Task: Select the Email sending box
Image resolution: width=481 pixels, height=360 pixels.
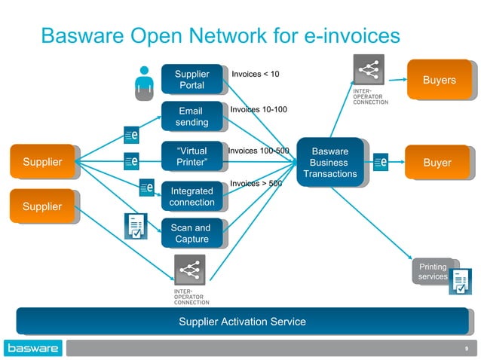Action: (191, 117)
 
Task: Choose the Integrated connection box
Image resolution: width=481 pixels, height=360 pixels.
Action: (191, 197)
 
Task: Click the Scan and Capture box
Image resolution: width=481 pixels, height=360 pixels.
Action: (191, 233)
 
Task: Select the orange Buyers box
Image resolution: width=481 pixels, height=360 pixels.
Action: (439, 80)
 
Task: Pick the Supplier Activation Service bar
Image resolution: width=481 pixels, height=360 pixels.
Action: (241, 322)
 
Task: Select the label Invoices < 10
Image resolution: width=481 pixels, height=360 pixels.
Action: (255, 74)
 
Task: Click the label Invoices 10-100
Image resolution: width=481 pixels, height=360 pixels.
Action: (258, 110)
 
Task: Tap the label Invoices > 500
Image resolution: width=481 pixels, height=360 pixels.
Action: (256, 183)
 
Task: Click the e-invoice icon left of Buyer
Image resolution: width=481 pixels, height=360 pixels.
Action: (381, 162)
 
